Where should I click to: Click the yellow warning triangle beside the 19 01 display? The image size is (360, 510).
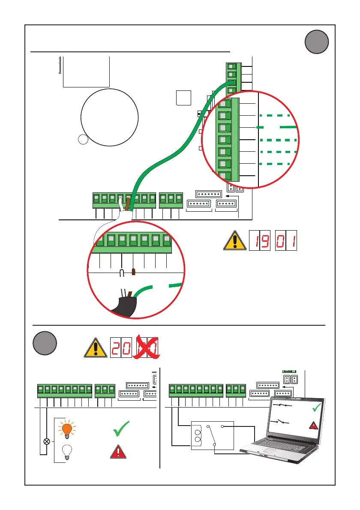click(x=234, y=242)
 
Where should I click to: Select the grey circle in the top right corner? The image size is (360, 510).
click(x=317, y=43)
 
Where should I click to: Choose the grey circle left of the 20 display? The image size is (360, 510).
click(x=45, y=344)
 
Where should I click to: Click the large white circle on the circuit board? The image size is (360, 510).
click(x=110, y=117)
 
